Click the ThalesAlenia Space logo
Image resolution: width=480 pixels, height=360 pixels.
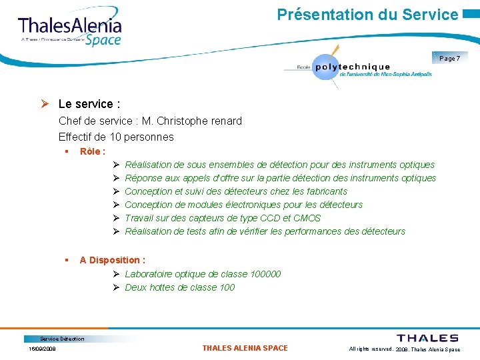pyautogui.click(x=70, y=30)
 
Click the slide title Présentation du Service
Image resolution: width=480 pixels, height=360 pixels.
pyautogui.click(x=367, y=14)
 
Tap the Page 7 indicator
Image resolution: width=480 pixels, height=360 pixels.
pyautogui.click(x=449, y=59)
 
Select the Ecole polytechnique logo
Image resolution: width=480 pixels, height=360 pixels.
pyautogui.click(x=357, y=67)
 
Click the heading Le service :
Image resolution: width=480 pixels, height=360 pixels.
pyautogui.click(x=89, y=104)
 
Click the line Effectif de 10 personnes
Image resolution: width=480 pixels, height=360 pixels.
pyautogui.click(x=116, y=137)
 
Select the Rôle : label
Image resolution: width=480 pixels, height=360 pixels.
pyautogui.click(x=92, y=151)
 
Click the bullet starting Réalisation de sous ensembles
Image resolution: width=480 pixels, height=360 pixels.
pyautogui.click(x=279, y=165)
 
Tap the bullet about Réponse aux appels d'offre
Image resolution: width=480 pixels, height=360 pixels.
pyautogui.click(x=280, y=178)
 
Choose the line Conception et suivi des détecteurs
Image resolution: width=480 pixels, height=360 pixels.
pyautogui.click(x=236, y=191)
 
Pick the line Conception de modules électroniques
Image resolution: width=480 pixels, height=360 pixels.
pyautogui.click(x=243, y=205)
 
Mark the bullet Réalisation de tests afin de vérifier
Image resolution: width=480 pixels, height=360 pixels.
pyautogui.click(x=265, y=231)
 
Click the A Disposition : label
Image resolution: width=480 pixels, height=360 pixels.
pyautogui.click(x=112, y=260)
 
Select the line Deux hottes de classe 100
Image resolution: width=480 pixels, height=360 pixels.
pyautogui.click(x=180, y=287)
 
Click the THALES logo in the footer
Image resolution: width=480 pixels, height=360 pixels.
pyautogui.click(x=427, y=338)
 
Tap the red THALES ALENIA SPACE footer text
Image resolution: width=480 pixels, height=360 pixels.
pyautogui.click(x=245, y=348)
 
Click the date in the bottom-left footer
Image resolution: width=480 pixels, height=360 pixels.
pyautogui.click(x=42, y=349)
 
